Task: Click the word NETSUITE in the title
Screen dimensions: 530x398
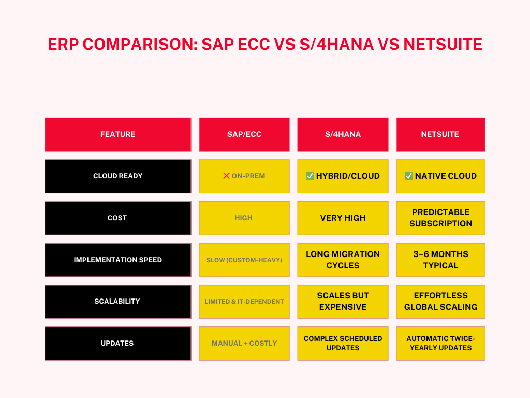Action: tap(443, 45)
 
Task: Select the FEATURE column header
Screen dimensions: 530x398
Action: tap(118, 134)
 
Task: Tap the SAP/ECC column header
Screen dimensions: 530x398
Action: tap(244, 134)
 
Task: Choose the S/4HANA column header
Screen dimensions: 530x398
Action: tap(343, 134)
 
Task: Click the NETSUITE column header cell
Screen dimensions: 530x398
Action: tap(440, 134)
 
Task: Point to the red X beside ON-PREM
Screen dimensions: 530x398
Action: tap(227, 176)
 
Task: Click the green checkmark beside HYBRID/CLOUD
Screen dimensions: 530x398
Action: tap(310, 176)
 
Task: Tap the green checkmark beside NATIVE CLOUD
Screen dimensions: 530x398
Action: tap(409, 176)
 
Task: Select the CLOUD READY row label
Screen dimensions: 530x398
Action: tap(118, 176)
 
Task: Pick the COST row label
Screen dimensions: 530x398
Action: tap(118, 218)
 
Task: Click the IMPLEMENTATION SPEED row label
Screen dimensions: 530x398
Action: tap(118, 260)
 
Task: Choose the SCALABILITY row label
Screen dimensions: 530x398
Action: tap(118, 302)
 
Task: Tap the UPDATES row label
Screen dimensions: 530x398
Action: tap(118, 344)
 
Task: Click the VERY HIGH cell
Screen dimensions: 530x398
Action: tap(343, 218)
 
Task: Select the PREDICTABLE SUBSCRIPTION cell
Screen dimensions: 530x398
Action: tap(440, 218)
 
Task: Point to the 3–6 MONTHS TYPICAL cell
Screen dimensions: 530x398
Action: tap(440, 260)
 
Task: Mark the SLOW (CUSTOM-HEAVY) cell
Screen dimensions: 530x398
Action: tap(244, 260)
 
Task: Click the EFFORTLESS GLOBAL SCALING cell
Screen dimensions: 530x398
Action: tap(440, 302)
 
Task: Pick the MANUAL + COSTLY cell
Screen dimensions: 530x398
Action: tap(244, 344)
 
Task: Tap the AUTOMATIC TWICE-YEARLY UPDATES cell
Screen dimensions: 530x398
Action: tap(440, 344)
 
